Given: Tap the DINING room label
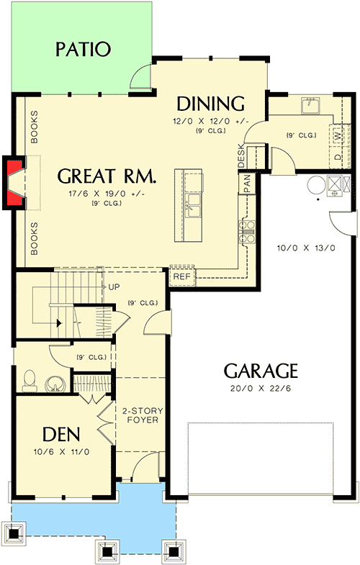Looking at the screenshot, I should tap(211, 103).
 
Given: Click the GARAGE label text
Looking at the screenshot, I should tap(260, 371).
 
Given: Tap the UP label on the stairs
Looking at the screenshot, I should tap(113, 286).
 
